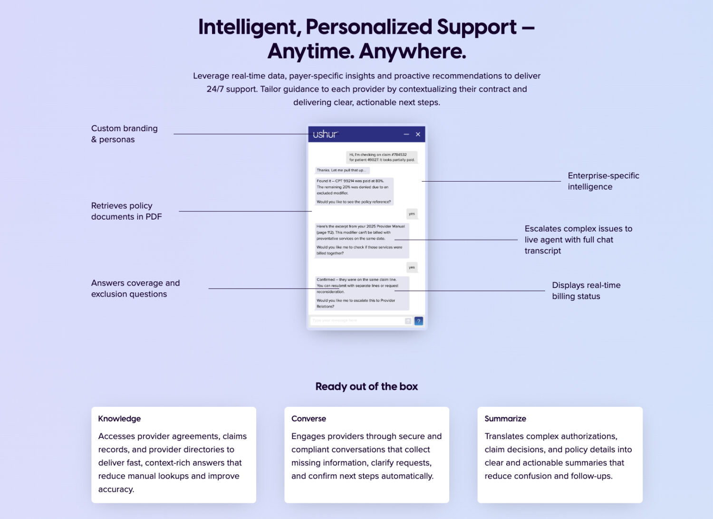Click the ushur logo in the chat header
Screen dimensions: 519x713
[x=325, y=135]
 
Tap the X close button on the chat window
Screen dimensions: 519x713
[x=418, y=135]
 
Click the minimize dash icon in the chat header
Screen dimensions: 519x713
[x=406, y=135]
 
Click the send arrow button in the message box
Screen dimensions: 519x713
[x=408, y=321]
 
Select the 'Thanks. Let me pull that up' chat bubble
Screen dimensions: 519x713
[x=341, y=170]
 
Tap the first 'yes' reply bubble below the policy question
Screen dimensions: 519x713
[x=412, y=214]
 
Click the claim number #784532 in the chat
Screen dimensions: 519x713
[x=399, y=154]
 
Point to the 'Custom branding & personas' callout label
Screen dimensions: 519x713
[x=124, y=134]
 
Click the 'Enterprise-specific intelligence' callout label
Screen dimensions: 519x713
[x=603, y=181]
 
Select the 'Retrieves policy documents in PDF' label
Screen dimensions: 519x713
[x=126, y=211]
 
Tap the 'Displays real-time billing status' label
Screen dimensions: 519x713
[x=586, y=291]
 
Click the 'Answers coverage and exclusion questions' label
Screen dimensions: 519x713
[x=135, y=288]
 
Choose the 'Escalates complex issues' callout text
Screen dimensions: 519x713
[x=578, y=240]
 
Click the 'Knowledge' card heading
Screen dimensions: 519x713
[x=119, y=419]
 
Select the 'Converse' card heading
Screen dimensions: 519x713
[x=308, y=419]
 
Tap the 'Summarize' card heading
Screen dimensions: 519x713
[x=505, y=419]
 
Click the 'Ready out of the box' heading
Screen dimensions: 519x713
[x=366, y=386]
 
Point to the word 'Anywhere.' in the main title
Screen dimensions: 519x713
[x=413, y=51]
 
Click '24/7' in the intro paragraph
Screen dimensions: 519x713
[x=215, y=89]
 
